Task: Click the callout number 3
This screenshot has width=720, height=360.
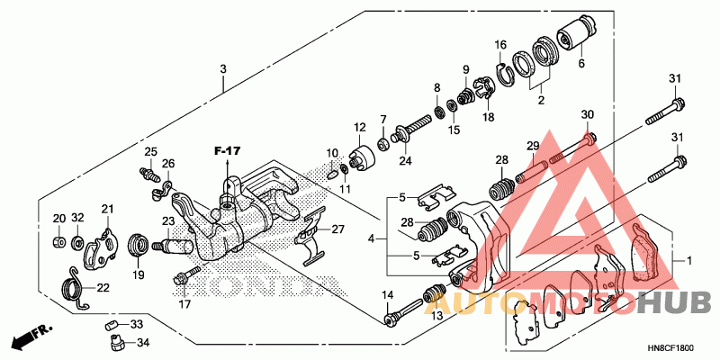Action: [x=223, y=69]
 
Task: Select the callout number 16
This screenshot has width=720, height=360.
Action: [x=500, y=44]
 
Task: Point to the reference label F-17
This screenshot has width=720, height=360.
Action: [x=229, y=149]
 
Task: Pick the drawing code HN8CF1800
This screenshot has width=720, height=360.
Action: [x=670, y=346]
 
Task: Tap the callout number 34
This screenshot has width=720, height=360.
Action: [x=141, y=341]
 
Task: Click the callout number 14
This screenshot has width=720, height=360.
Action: [x=389, y=296]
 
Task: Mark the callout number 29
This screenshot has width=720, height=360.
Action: [x=532, y=146]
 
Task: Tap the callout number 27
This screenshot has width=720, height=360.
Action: [x=338, y=229]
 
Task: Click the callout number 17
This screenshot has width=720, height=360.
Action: [x=184, y=304]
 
